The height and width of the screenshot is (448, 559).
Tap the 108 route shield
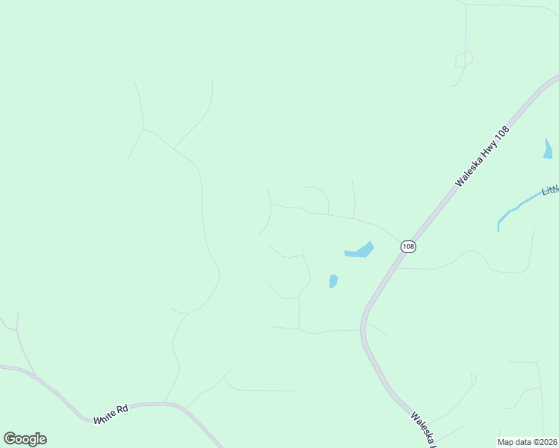point(407,246)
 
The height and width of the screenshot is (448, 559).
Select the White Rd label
point(112,414)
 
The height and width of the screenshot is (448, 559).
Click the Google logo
point(25,439)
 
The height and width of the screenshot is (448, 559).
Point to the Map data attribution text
point(528,442)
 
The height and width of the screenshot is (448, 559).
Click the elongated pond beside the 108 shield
point(359,251)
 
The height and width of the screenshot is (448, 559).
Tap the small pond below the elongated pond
point(333,281)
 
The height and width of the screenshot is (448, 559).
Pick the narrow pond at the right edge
point(548,149)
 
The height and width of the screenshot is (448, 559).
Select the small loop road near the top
point(464,59)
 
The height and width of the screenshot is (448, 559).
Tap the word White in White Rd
point(106,417)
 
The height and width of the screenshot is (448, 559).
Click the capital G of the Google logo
point(10,438)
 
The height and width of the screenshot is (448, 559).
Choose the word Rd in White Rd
point(123,409)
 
